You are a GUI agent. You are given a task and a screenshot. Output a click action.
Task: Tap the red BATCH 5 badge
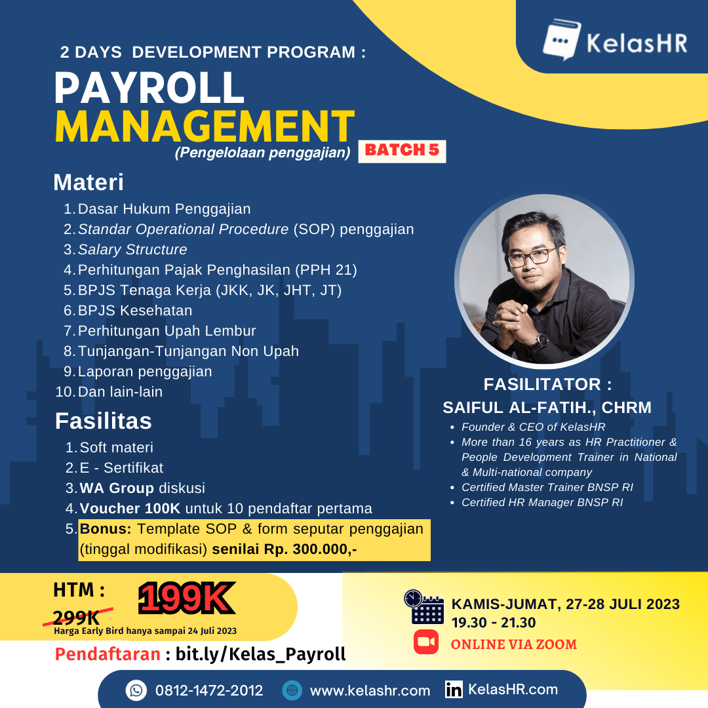point(402,150)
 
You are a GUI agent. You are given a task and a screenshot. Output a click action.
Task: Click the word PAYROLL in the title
point(149,88)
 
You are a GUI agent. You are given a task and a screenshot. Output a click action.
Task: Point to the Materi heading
point(88,182)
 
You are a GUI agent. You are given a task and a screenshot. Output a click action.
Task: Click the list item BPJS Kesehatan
point(135,310)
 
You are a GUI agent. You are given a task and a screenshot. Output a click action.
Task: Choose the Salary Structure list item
point(132,250)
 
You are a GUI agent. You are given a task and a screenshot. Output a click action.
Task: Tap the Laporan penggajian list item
point(145,372)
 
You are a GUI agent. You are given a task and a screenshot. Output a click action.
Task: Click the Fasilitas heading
point(103,421)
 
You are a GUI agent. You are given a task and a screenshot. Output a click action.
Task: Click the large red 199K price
point(186,599)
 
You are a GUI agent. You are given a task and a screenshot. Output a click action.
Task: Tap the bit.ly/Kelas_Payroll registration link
point(260,654)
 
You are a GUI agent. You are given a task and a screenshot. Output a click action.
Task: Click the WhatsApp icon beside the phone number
point(136,690)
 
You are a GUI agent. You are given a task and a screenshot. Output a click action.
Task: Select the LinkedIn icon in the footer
point(454,690)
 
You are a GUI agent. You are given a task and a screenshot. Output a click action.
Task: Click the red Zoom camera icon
point(426,642)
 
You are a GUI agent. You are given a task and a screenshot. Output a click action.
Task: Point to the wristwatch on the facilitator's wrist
point(541,340)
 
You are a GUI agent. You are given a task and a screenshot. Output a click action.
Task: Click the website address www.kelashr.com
point(370,691)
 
